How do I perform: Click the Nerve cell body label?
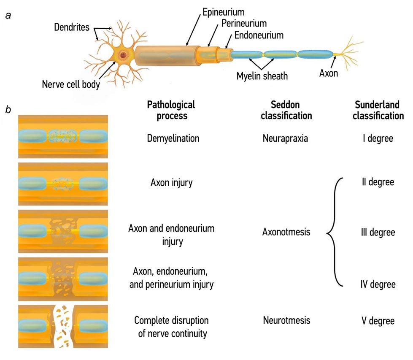tap(70, 84)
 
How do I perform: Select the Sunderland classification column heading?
tap(378, 110)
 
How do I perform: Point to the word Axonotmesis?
tap(286, 232)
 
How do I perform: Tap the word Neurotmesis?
tap(286, 320)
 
